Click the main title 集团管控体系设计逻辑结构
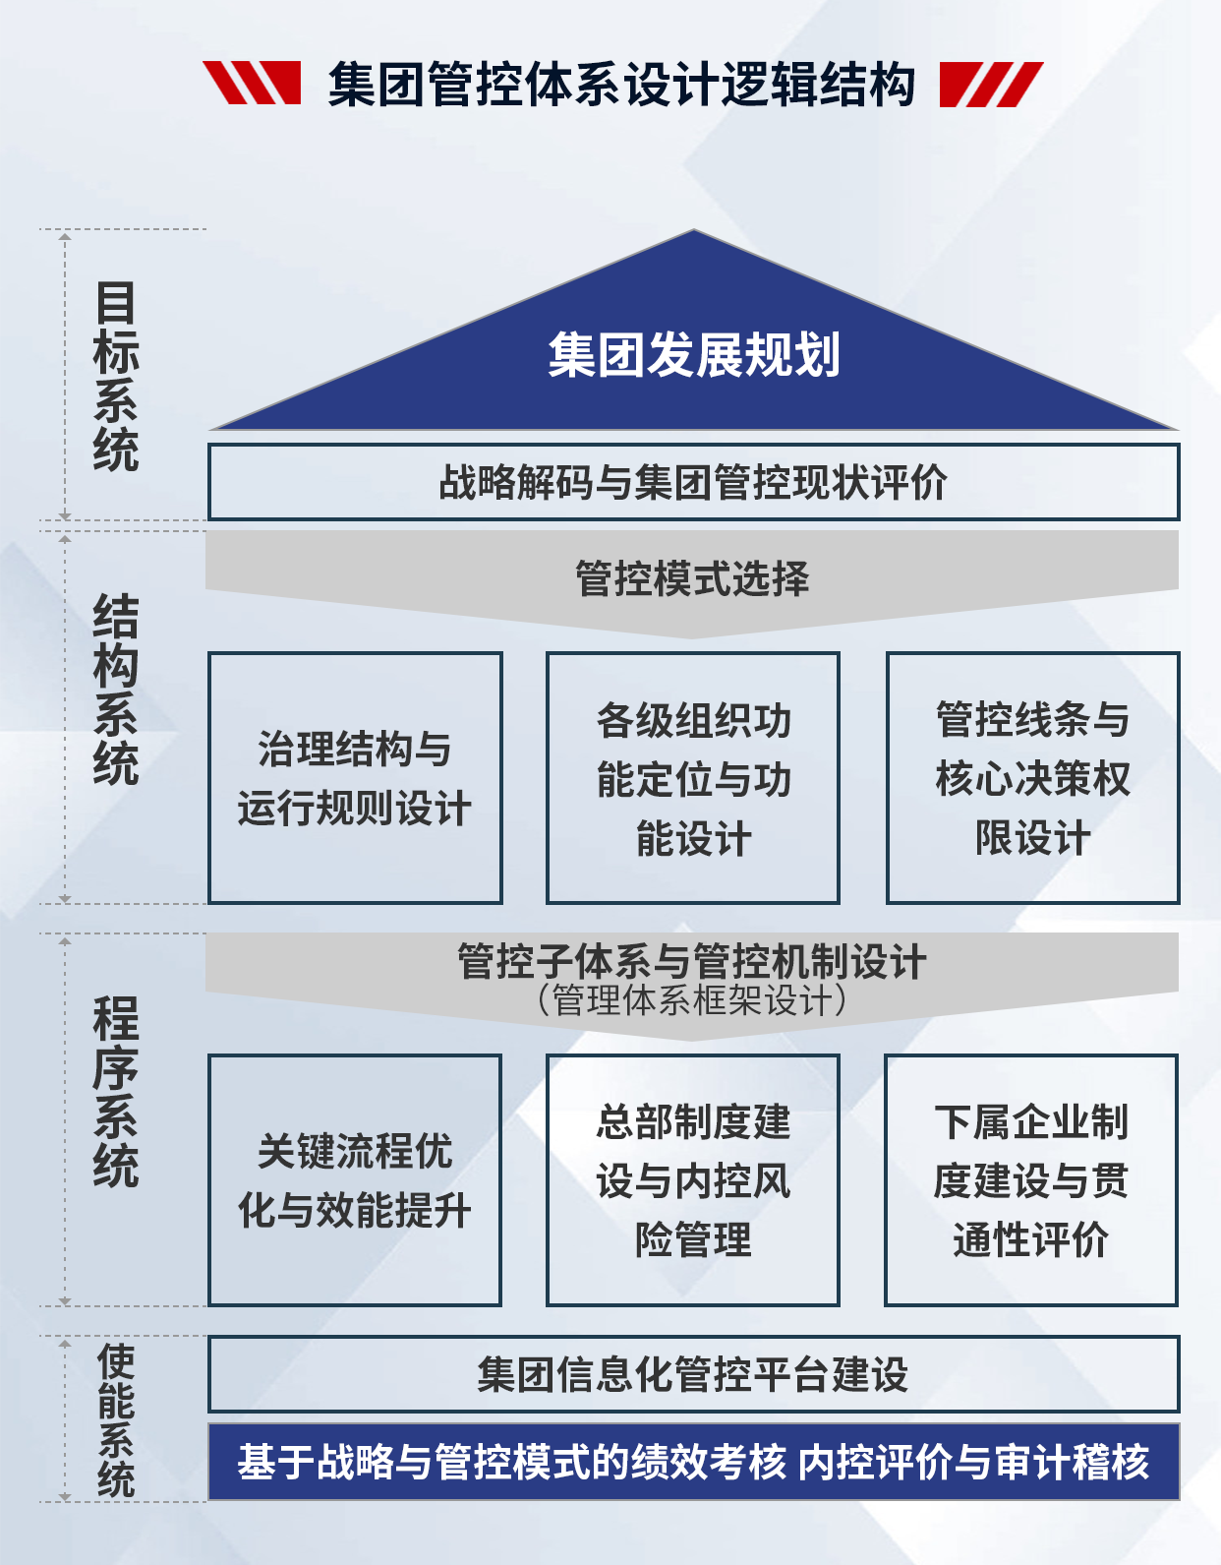point(621,84)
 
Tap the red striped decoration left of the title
point(253,83)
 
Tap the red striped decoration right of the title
point(990,84)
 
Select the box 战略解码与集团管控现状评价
point(693,482)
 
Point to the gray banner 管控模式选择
point(692,579)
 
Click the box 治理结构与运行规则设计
point(355,778)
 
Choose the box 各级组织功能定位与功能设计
point(693,778)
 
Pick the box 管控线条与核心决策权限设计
point(1032,778)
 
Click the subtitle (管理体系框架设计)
point(692,1001)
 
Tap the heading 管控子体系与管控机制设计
point(692,961)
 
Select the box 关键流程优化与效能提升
point(355,1180)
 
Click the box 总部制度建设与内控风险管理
point(693,1180)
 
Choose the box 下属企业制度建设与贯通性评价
point(1030,1180)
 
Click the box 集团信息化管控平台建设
point(693,1374)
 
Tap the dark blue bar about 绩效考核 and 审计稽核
point(693,1462)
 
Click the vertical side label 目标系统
point(115,377)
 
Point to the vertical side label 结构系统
point(115,690)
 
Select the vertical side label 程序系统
point(115,1092)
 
